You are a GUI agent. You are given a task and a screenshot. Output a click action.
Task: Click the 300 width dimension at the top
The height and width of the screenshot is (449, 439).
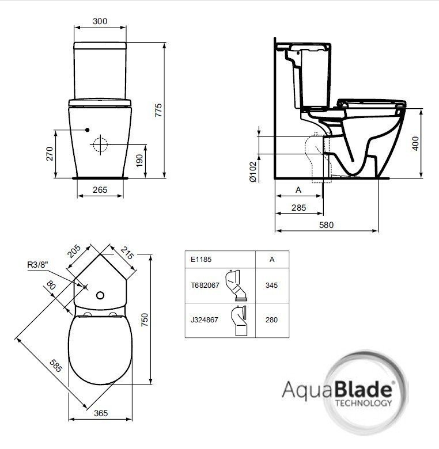coord(100,21)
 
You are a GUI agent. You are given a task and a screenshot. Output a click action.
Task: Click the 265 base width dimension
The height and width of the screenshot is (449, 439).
coord(100,190)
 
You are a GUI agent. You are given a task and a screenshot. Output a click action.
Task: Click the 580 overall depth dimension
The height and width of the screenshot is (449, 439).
coord(326,225)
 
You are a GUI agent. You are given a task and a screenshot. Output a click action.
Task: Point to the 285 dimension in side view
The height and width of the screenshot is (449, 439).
coord(298,208)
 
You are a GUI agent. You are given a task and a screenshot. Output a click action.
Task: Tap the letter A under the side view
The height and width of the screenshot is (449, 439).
coord(298,190)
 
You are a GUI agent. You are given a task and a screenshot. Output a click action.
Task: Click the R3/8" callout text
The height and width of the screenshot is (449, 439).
coord(39,265)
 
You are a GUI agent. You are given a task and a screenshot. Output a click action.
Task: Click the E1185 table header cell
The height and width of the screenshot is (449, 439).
coord(201,259)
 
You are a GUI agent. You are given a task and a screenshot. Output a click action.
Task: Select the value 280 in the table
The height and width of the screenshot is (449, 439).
coord(271,320)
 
